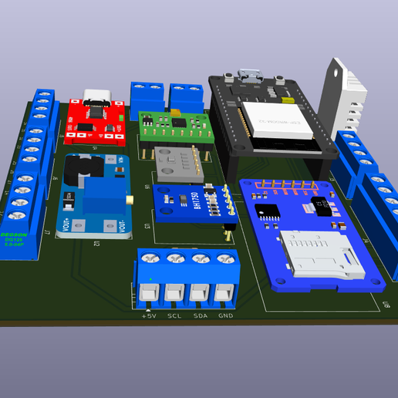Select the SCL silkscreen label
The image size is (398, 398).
click(174, 316)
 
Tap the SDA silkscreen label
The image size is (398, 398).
click(201, 316)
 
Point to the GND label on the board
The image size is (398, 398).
click(225, 316)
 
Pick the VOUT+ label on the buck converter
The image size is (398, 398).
click(66, 226)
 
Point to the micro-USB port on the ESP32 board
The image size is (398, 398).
click(248, 76)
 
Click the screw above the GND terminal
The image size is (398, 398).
click(224, 260)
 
